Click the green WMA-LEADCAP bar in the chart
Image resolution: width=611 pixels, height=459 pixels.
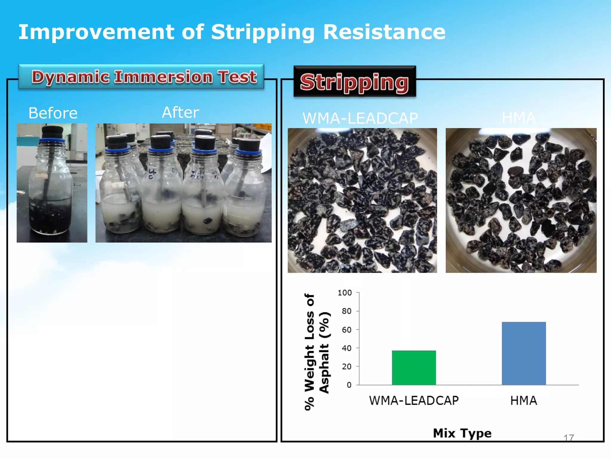[414, 368]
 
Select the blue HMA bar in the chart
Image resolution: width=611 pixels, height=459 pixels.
[524, 353]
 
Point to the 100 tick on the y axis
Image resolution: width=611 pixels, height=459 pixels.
[345, 293]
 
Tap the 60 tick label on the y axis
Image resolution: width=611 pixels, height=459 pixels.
[346, 330]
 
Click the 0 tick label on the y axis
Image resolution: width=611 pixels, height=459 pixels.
[349, 385]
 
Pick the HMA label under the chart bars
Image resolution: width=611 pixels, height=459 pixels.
[524, 401]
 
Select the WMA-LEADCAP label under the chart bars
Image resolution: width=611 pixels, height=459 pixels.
[414, 401]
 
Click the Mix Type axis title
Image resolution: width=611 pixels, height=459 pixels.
[462, 433]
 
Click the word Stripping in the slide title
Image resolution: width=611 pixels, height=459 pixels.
[263, 32]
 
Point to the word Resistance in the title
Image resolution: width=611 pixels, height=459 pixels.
[384, 32]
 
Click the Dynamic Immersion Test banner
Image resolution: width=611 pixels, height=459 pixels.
[141, 77]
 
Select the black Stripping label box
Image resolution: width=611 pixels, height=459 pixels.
[355, 82]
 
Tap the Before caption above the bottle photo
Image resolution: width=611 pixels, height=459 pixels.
[53, 113]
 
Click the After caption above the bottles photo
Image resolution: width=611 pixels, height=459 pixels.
[180, 113]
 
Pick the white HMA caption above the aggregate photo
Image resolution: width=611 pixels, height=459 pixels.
[519, 118]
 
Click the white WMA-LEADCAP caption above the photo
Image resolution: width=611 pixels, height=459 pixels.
[360, 118]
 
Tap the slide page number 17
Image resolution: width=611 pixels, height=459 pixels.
[569, 438]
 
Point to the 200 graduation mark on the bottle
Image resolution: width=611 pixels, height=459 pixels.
[248, 198]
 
